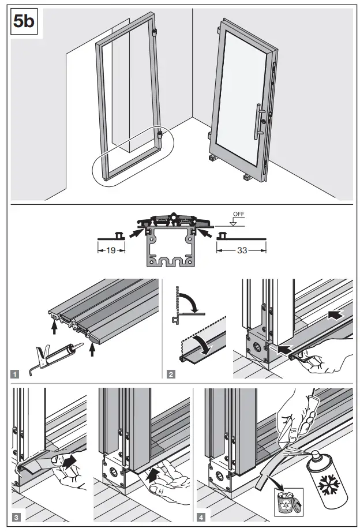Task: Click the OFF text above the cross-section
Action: tap(237, 214)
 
